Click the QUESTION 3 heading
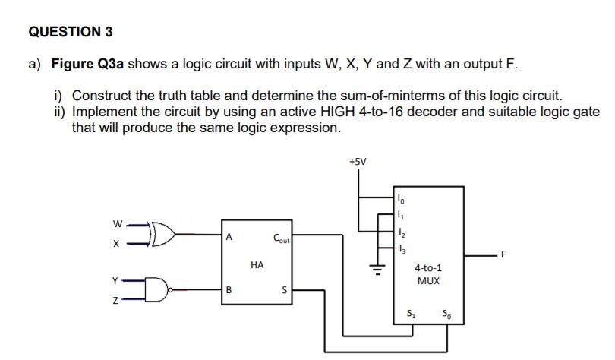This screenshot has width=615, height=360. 70,32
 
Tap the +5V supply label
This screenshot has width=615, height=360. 358,162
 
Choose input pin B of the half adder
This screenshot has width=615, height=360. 228,289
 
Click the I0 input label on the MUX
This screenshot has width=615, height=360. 402,199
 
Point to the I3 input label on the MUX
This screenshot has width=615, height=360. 402,250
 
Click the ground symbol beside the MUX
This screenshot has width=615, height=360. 373,267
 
